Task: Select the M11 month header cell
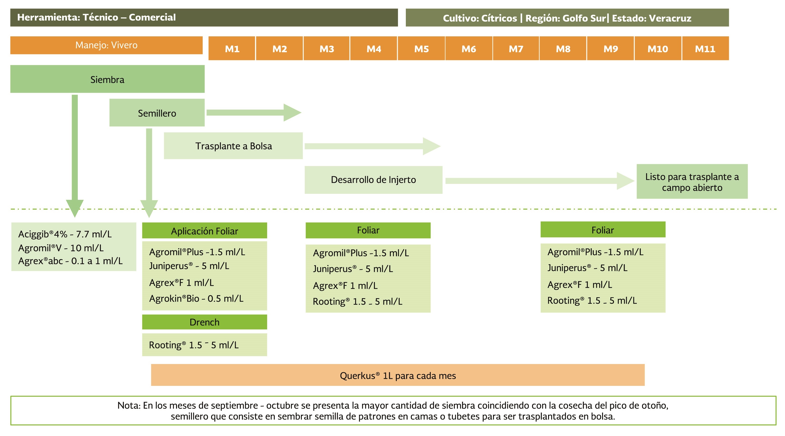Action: point(705,49)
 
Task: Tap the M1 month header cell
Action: point(232,49)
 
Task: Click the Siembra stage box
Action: point(107,79)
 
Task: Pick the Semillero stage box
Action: point(157,113)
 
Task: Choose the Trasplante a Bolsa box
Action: point(233,146)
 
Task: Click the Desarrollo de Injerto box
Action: point(373,180)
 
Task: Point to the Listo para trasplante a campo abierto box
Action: point(692,182)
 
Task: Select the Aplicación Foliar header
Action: point(205,231)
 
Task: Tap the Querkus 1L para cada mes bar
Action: point(398,375)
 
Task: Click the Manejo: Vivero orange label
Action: point(106,45)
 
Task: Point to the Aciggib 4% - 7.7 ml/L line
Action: point(65,234)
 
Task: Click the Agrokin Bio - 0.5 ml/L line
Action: point(196,298)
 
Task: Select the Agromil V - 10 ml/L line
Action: point(61,248)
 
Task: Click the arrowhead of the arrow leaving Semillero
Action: point(292,113)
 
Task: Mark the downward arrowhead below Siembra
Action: point(75,208)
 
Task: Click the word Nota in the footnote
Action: point(129,405)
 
